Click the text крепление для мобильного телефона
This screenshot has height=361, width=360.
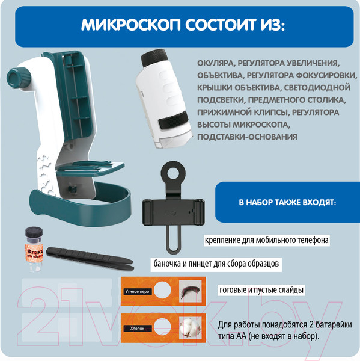(266, 240)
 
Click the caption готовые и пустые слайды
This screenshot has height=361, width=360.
(261, 290)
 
